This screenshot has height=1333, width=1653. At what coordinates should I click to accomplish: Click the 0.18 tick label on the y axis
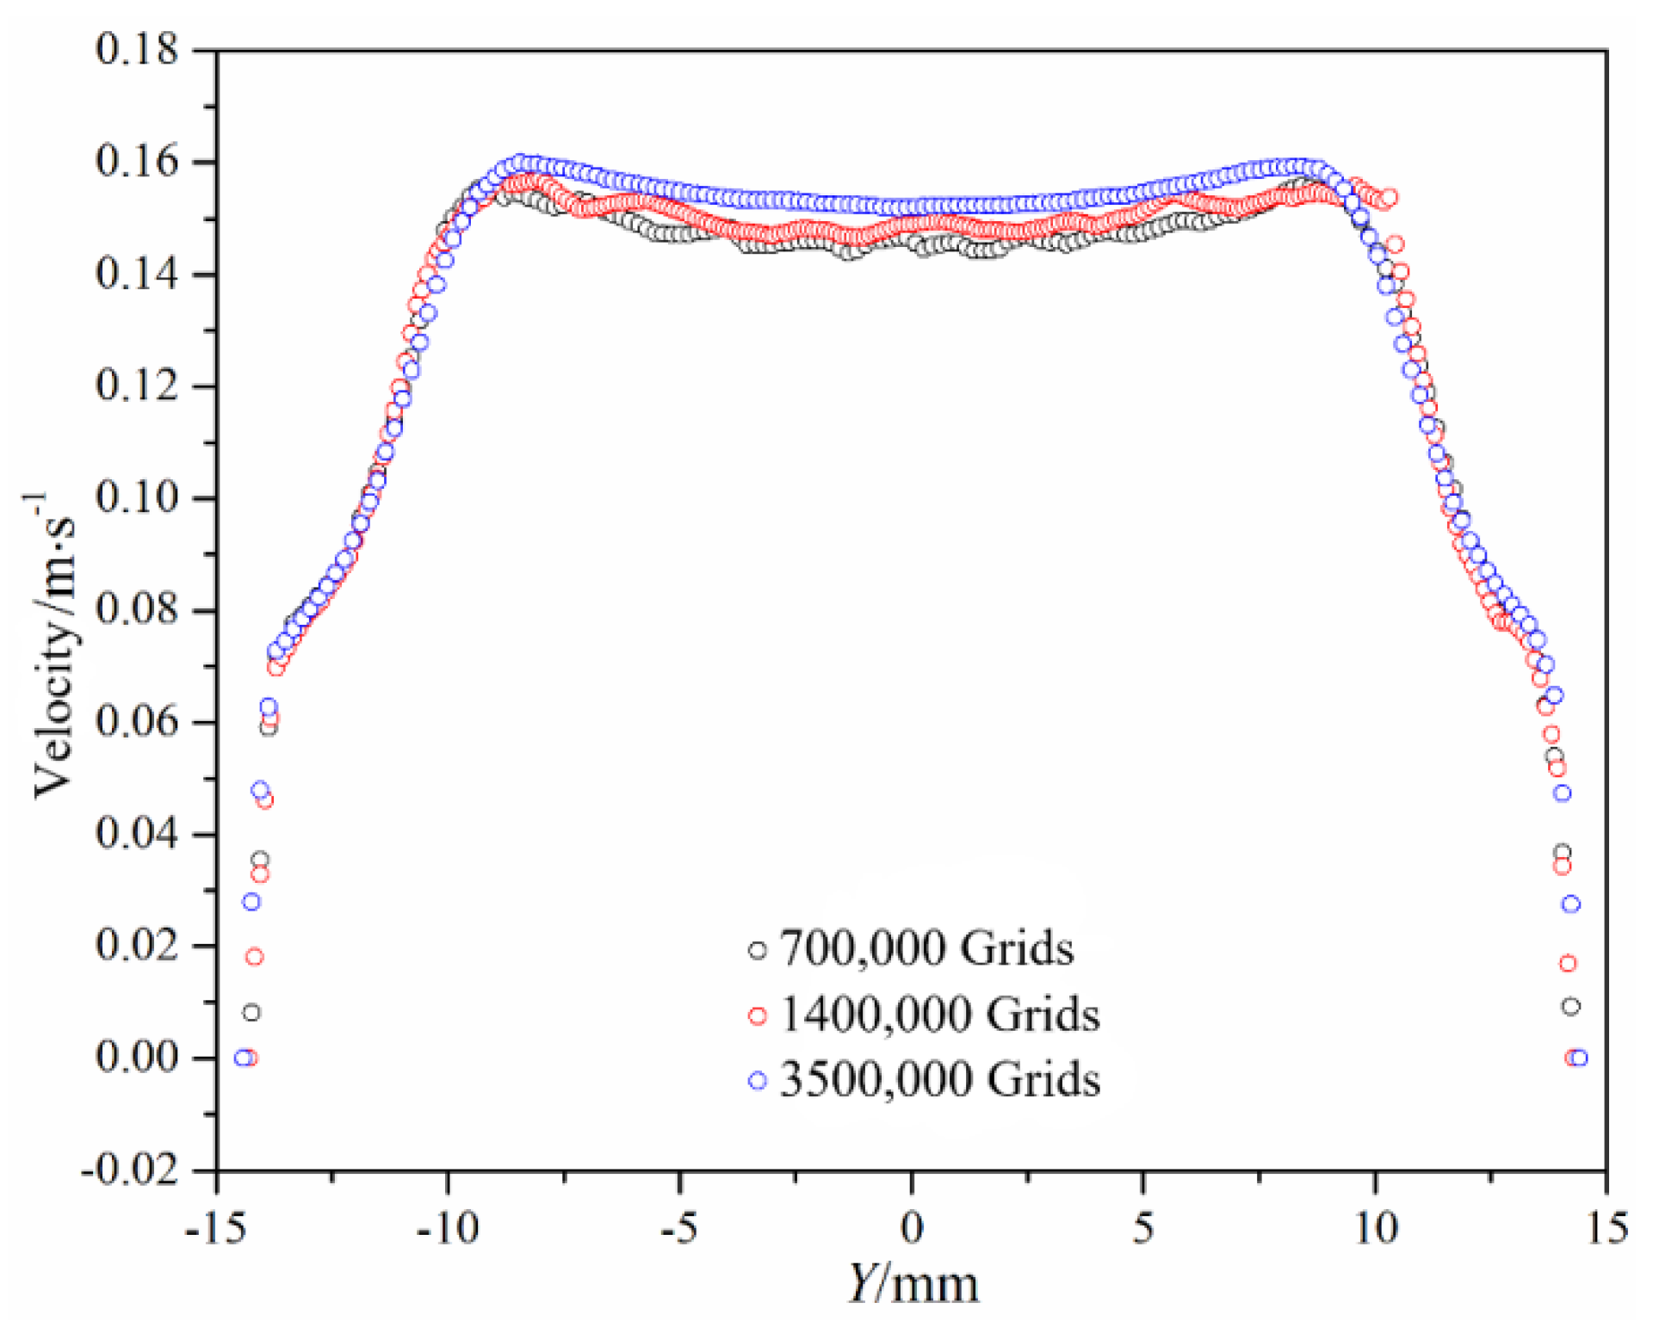pyautogui.click(x=136, y=49)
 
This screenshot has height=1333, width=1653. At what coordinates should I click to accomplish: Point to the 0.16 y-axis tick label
pyautogui.click(x=136, y=161)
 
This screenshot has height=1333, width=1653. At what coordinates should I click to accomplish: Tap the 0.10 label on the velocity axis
pyautogui.click(x=136, y=497)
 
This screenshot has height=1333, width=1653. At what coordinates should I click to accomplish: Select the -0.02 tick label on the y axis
pyautogui.click(x=129, y=1169)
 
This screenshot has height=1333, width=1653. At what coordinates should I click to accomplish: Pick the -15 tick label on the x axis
pyautogui.click(x=215, y=1228)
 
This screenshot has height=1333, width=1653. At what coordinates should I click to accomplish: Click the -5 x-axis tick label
pyautogui.click(x=678, y=1228)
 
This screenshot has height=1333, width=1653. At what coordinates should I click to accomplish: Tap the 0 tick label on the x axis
pyautogui.click(x=912, y=1228)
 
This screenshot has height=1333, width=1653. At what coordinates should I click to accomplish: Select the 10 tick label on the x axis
pyautogui.click(x=1375, y=1228)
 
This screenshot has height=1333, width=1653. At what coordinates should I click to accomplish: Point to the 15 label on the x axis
pyautogui.click(x=1607, y=1228)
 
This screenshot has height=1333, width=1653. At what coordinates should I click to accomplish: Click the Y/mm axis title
pyautogui.click(x=913, y=1285)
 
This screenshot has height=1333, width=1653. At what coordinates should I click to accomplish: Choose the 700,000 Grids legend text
pyautogui.click(x=926, y=948)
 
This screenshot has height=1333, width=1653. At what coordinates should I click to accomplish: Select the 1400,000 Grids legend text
pyautogui.click(x=939, y=1014)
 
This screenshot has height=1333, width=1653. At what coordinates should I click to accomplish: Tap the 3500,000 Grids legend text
pyautogui.click(x=939, y=1079)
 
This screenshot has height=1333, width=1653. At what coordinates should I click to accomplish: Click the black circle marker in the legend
pyautogui.click(x=757, y=950)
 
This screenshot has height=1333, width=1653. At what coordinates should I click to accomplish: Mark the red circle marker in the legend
pyautogui.click(x=757, y=1015)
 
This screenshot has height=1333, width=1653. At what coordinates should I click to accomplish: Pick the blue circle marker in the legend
pyautogui.click(x=757, y=1081)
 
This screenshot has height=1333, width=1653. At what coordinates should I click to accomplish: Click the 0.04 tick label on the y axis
pyautogui.click(x=136, y=833)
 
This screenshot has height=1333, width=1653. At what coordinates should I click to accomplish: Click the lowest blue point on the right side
pyautogui.click(x=1578, y=1058)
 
